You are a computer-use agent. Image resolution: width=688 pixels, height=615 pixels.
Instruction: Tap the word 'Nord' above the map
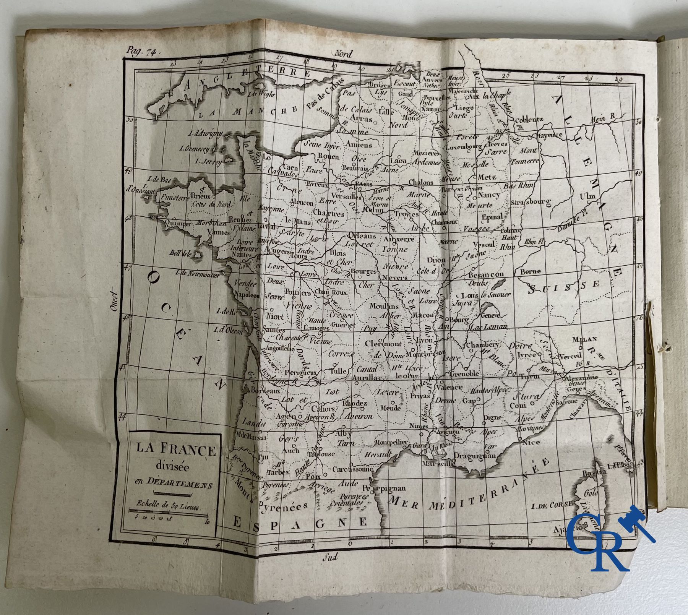(x=343, y=54)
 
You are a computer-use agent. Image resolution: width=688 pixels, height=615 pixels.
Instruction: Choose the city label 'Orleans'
(x=362, y=236)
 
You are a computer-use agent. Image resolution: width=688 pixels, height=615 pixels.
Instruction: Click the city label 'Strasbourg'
(x=532, y=201)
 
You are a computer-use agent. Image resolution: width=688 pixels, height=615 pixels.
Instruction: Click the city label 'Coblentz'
(x=529, y=120)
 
